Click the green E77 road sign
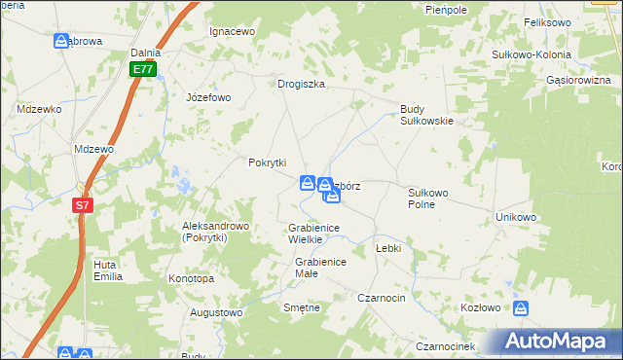coord(143,69)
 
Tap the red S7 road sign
coord(84,205)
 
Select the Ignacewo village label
coord(232,31)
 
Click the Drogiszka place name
coord(301,84)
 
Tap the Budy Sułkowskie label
coord(427,115)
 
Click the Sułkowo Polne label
coord(427,198)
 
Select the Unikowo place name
coord(516,217)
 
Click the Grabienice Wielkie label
coord(312,233)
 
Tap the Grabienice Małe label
coord(320,268)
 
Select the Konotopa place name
coord(191,278)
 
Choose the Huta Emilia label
coord(107,270)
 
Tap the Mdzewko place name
coord(39,109)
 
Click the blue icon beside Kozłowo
coord(523,308)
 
